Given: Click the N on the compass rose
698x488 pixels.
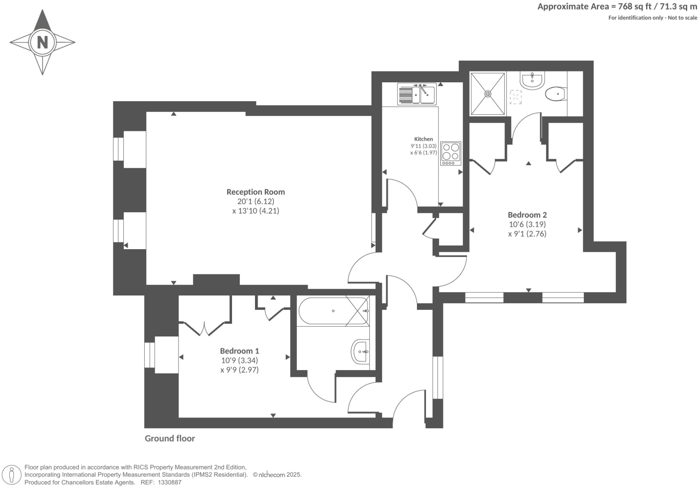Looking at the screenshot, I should [42, 43].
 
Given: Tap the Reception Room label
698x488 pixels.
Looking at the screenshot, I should [255, 192].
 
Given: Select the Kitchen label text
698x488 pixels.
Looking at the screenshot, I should [423, 139].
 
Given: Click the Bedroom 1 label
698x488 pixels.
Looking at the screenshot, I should [239, 351].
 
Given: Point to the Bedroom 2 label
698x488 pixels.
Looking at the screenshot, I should [527, 215].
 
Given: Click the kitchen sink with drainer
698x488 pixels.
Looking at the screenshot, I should [416, 94].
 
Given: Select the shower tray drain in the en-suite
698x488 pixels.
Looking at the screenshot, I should [488, 94].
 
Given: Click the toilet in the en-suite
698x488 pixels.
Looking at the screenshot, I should [555, 94].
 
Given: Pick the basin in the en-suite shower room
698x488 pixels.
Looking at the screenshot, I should [532, 80].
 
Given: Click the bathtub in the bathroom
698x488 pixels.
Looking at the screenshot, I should [333, 311].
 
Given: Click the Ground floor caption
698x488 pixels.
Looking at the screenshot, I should [170, 439].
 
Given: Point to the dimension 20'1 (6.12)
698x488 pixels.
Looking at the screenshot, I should [255, 201].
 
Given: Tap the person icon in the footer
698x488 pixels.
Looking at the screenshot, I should [12, 475].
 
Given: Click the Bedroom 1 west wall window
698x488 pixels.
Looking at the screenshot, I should [149, 355].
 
